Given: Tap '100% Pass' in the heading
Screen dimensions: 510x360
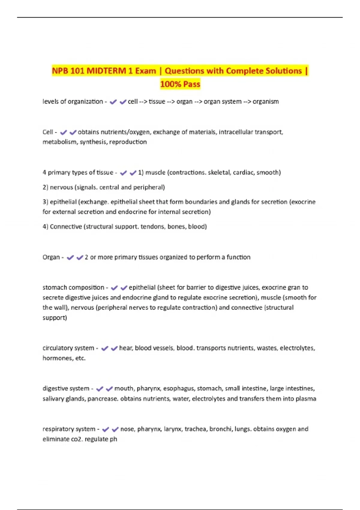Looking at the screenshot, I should [180, 84].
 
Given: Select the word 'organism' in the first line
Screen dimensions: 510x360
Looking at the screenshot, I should [265, 102].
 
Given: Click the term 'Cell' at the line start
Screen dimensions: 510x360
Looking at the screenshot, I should [48, 132].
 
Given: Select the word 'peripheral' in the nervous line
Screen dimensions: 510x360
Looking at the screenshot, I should [149, 187].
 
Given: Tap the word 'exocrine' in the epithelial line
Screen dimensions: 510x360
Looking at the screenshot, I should [303, 202].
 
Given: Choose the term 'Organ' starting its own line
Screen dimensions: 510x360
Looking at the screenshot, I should [51, 257].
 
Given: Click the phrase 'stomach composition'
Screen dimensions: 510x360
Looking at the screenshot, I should [73, 287].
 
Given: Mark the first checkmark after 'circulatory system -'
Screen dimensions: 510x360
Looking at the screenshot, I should [104, 348].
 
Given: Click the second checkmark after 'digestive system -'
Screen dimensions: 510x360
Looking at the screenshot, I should [109, 389].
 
